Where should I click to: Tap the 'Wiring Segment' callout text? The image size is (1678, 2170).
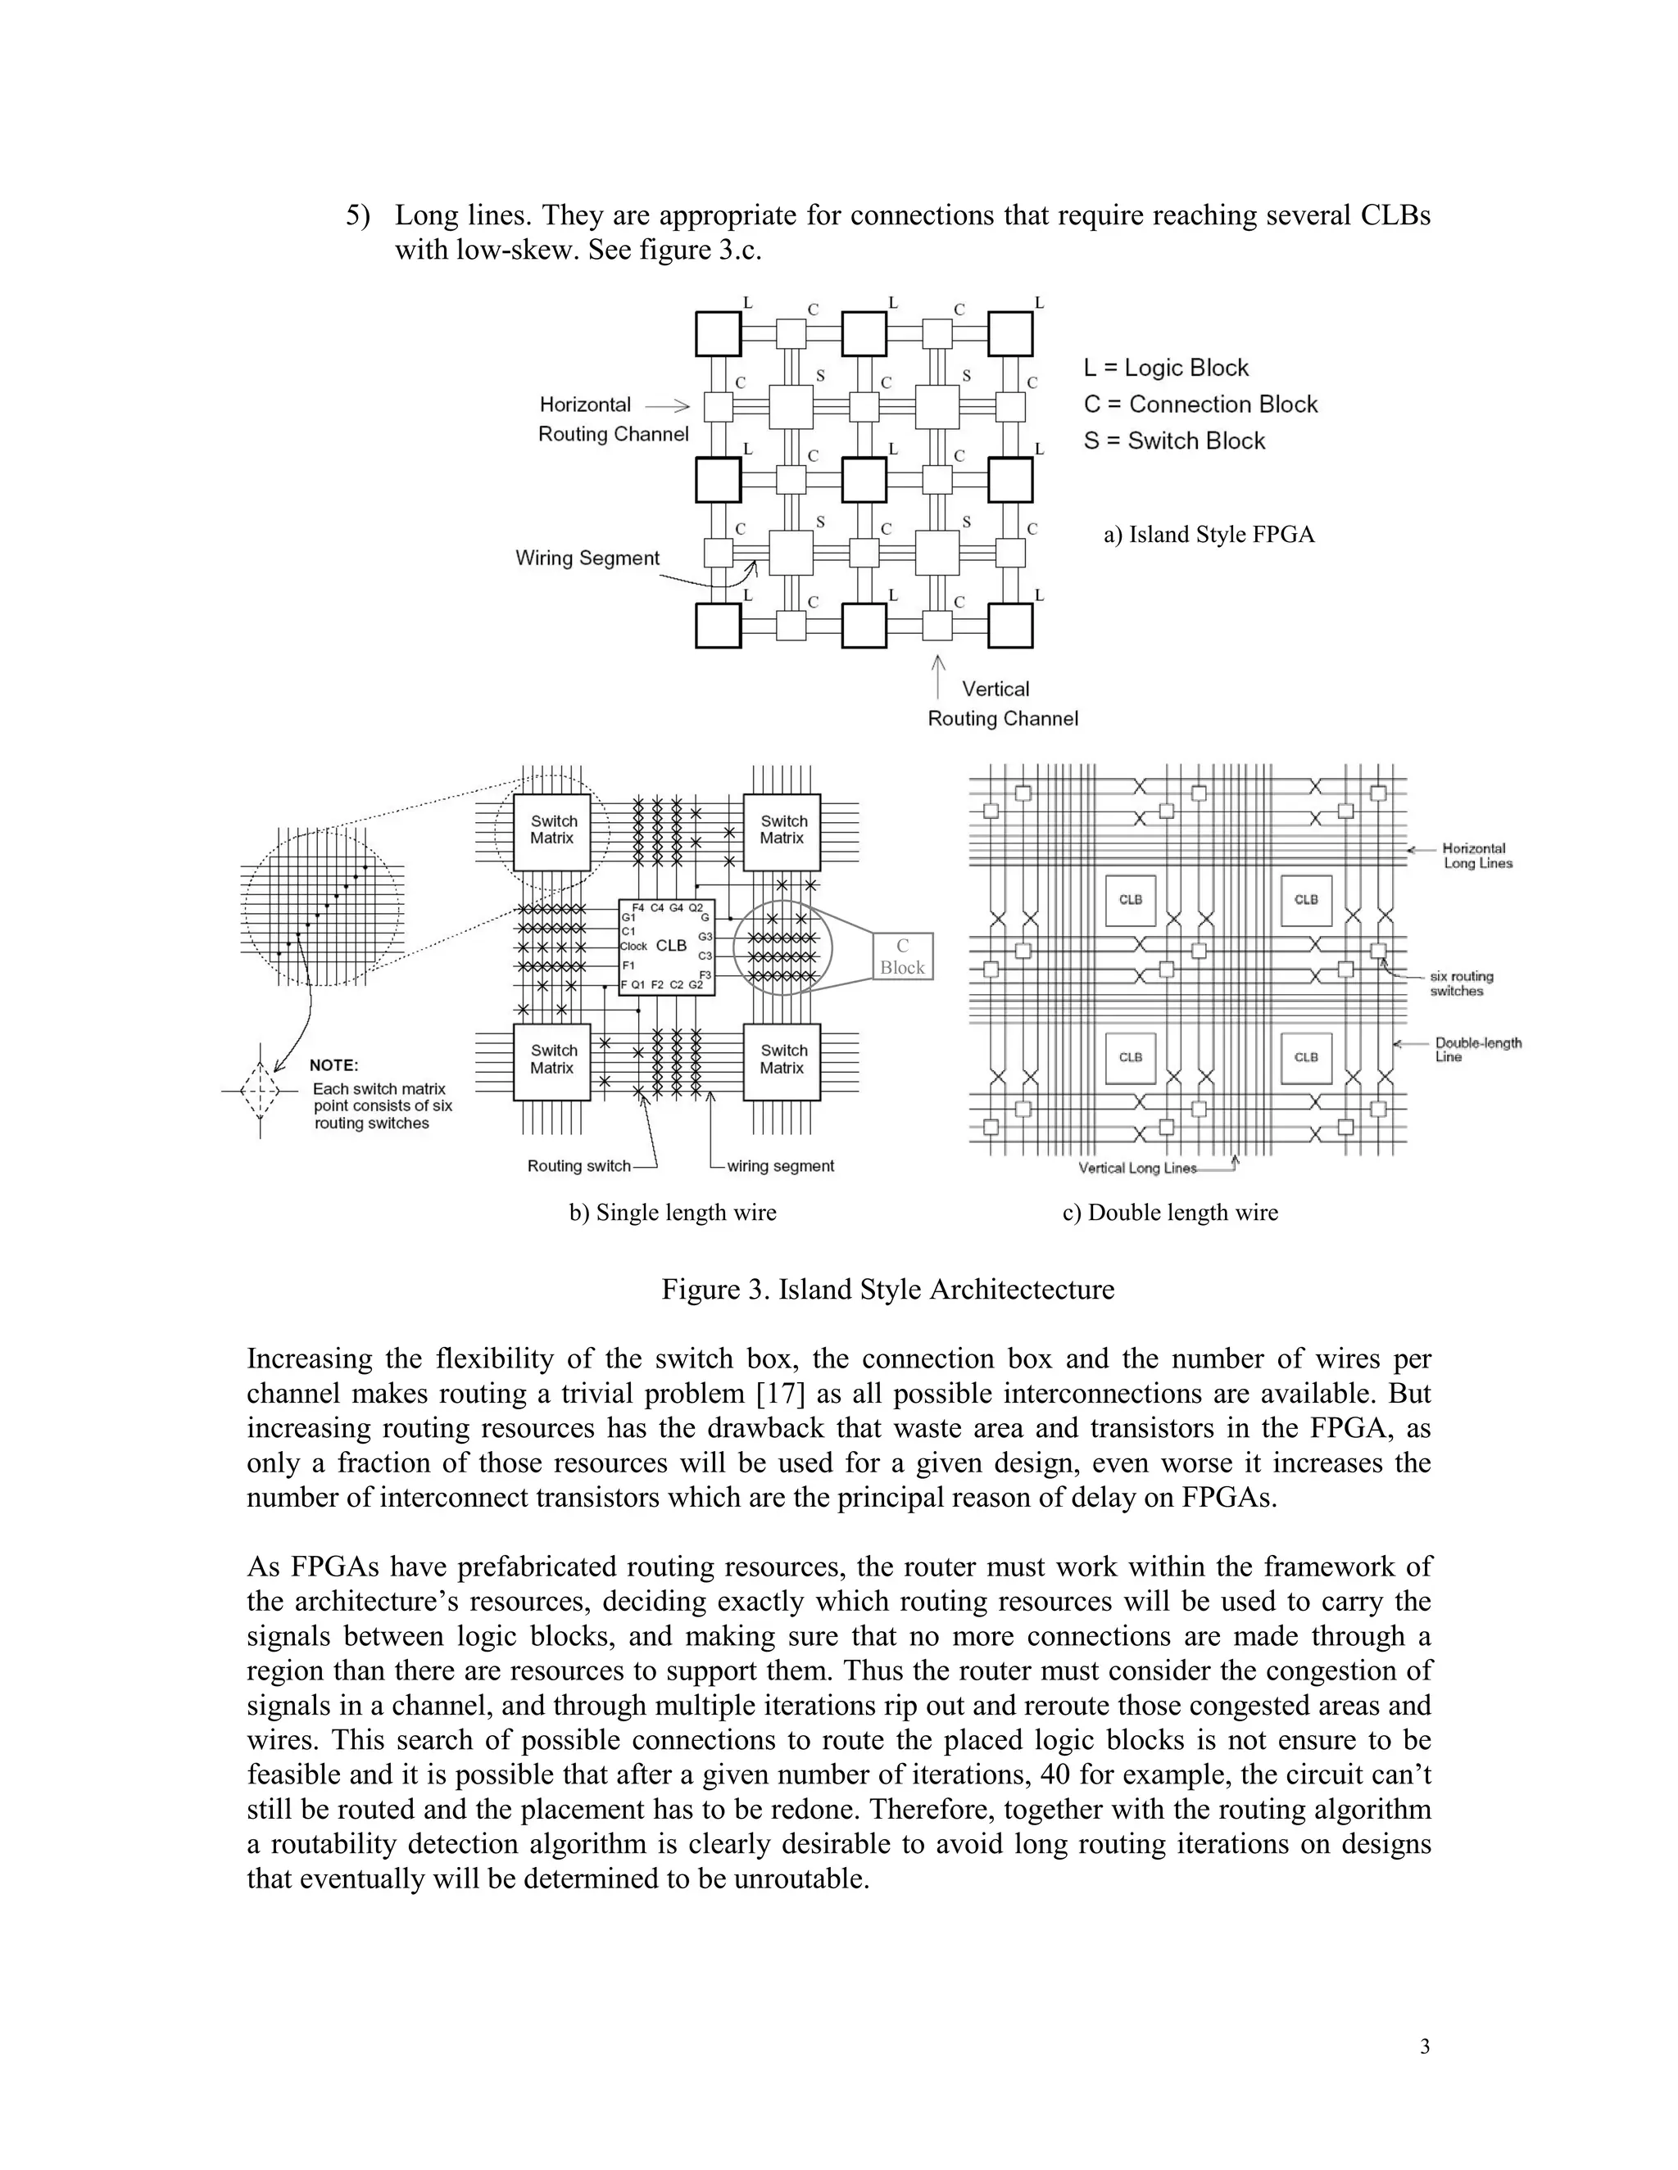tap(587, 558)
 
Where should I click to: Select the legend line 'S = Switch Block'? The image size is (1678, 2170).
tap(1174, 441)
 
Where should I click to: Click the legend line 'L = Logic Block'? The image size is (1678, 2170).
tap(1166, 368)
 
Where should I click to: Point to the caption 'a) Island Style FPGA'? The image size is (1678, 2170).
tap(1209, 535)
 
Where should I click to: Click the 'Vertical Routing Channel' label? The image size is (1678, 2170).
tap(1002, 703)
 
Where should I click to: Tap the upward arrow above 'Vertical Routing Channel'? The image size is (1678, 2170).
tap(937, 676)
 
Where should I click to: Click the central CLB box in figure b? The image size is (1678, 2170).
tap(667, 946)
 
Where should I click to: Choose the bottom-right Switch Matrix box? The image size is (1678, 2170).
tap(782, 1061)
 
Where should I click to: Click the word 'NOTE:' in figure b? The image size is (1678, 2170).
tap(334, 1065)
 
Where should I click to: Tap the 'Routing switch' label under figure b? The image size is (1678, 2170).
tap(578, 1166)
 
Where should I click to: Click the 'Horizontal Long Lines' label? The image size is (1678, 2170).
tap(1477, 856)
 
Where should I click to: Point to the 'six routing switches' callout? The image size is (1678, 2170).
tap(1462, 983)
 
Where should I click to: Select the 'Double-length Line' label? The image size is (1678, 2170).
tap(1477, 1051)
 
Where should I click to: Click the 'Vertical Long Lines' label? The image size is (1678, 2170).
tap(1137, 1169)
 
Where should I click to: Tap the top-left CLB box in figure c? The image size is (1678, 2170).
tap(1130, 900)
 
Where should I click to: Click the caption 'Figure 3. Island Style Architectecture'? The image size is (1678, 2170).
tap(887, 1290)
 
